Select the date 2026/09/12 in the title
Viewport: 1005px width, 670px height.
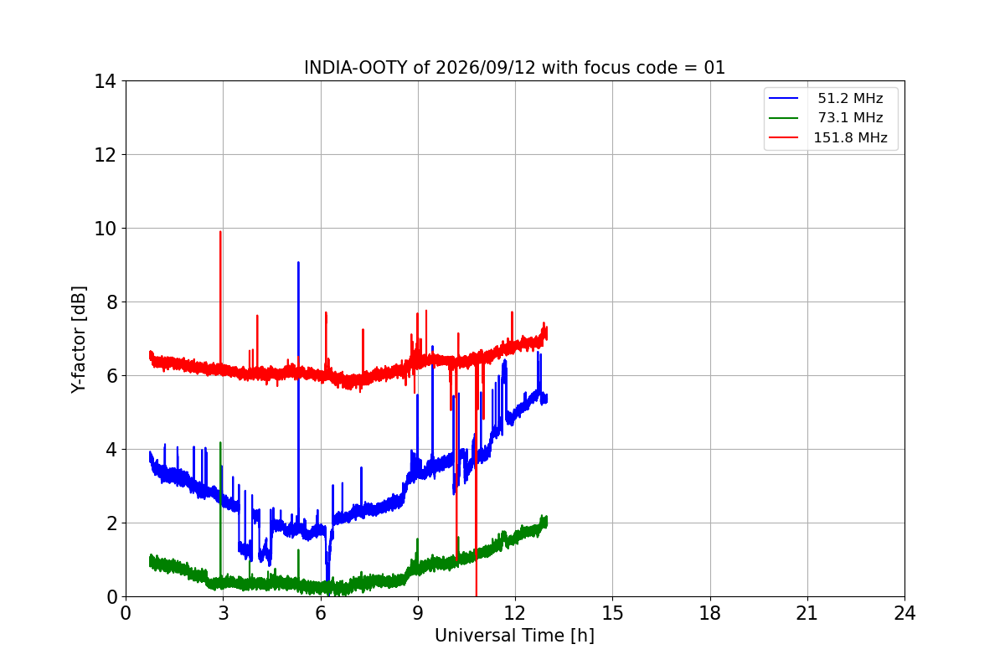(486, 68)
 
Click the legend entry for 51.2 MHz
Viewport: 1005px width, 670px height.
(850, 98)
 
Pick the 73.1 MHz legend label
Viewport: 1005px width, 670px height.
(850, 117)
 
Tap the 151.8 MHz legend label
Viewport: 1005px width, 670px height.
(850, 137)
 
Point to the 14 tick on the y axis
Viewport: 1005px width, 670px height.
(105, 82)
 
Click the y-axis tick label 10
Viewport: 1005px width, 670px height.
(105, 229)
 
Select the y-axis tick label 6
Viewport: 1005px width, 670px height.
(111, 376)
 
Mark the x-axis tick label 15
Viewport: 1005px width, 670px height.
(612, 613)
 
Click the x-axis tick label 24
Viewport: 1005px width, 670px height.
(904, 613)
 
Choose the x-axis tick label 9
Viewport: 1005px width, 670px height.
(418, 613)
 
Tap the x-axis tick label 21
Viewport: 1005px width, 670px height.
(807, 613)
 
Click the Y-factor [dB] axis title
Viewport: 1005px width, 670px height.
(79, 340)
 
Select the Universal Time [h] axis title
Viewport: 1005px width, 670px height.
(514, 636)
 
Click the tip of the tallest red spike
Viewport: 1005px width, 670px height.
(220, 231)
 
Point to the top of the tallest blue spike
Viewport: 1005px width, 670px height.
(298, 262)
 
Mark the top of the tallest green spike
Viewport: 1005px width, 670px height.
(220, 442)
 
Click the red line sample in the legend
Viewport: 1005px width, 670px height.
(783, 137)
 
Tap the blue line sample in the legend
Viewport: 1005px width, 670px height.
(783, 98)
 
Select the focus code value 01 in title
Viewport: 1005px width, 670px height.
(714, 68)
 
